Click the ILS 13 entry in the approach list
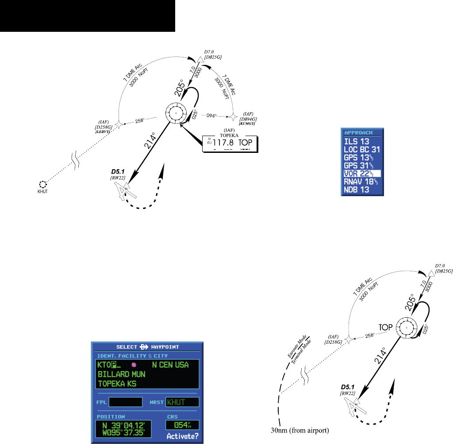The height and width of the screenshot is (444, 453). pyautogui.click(x=357, y=142)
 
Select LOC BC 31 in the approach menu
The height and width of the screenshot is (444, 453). pyautogui.click(x=362, y=150)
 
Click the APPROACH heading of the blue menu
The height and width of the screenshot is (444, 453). pyautogui.click(x=358, y=133)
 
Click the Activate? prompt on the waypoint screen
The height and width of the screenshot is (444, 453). pyautogui.click(x=182, y=436)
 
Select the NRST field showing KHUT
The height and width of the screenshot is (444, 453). pyautogui.click(x=182, y=402)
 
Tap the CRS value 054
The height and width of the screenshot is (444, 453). pyautogui.click(x=182, y=425)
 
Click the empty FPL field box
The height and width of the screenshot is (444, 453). pyautogui.click(x=126, y=402)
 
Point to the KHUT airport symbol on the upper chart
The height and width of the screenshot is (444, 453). pyautogui.click(x=42, y=185)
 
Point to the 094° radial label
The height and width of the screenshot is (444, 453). pyautogui.click(x=212, y=116)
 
